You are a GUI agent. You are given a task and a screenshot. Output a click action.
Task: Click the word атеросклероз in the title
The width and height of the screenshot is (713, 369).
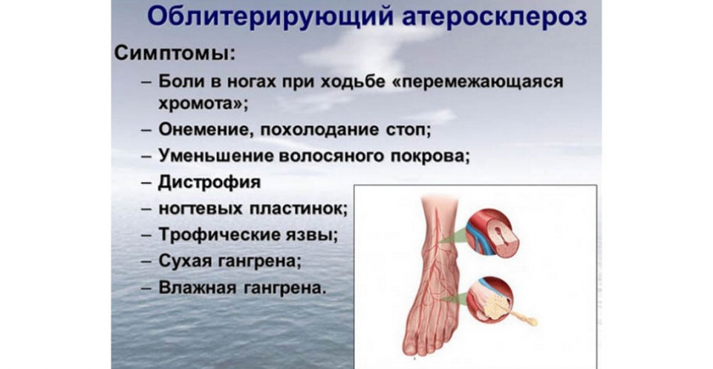coord(494,18)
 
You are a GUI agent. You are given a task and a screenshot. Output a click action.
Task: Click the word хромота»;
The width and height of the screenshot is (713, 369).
coord(204,104)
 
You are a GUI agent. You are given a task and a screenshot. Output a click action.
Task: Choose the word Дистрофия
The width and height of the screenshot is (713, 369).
coord(209,183)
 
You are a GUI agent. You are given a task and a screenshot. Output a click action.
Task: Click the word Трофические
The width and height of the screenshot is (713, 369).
coord(221,235)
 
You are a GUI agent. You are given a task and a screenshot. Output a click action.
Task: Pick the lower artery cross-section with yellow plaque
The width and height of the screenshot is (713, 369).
coord(490,300)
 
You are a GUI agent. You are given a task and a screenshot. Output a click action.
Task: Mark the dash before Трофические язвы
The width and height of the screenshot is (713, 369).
coord(146,236)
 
